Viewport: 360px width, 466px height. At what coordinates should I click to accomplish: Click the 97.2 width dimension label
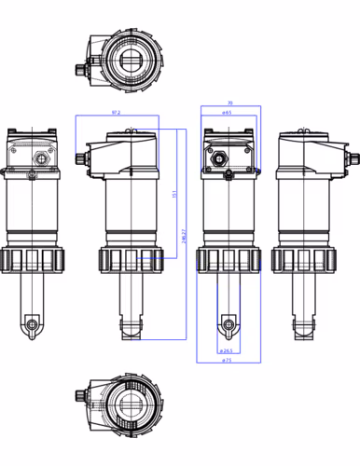(116, 112)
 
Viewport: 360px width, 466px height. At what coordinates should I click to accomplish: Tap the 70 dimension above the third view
(229, 103)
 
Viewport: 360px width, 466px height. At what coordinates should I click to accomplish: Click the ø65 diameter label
(228, 112)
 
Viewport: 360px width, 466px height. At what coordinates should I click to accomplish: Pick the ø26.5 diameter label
(227, 351)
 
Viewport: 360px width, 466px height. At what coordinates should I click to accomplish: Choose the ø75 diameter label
(228, 361)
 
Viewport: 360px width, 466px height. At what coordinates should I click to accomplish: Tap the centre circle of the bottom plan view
(128, 407)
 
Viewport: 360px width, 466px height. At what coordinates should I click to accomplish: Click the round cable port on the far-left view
(40, 156)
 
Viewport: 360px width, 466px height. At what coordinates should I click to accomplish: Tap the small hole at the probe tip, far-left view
(33, 325)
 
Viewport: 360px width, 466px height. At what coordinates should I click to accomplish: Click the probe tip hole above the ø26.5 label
(226, 325)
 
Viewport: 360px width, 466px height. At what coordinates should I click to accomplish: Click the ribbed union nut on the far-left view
(32, 259)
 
